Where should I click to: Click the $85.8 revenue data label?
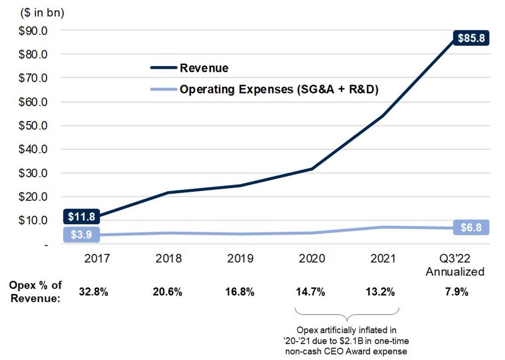point(471,38)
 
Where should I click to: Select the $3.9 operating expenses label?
point(82,234)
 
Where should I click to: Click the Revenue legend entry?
point(204,68)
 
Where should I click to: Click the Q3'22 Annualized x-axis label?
point(455,265)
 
